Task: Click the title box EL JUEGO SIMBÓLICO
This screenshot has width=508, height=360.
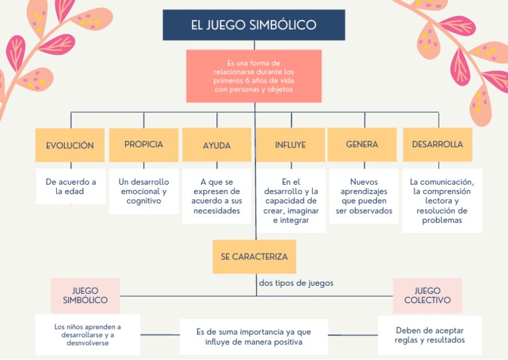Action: [x=254, y=25]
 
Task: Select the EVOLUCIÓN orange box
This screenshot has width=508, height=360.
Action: [x=69, y=145]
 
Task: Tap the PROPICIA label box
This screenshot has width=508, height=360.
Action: [x=144, y=144]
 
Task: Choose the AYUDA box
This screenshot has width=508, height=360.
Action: [x=216, y=145]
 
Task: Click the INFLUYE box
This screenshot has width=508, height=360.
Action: [x=290, y=145]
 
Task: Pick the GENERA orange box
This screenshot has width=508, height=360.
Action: [x=362, y=144]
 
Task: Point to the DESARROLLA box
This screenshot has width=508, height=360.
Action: [x=437, y=144]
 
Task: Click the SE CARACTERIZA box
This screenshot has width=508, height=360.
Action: [x=254, y=257]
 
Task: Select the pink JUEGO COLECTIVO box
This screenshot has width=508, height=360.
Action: [x=427, y=295]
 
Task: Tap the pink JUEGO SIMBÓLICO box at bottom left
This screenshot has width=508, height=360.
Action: [x=85, y=295]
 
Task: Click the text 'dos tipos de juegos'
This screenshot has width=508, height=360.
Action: [x=296, y=283]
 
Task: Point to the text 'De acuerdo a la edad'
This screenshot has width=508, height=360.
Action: [x=71, y=187]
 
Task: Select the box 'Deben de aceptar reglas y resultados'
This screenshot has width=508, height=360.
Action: [x=430, y=335]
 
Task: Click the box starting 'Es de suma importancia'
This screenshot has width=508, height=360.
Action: [x=253, y=337]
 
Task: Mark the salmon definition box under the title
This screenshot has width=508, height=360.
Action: [x=254, y=76]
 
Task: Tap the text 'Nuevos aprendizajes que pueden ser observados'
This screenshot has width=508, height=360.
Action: [x=363, y=197]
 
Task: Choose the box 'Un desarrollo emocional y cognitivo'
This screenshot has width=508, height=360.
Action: [x=144, y=191]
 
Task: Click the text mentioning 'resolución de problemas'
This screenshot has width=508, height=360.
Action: [x=442, y=201]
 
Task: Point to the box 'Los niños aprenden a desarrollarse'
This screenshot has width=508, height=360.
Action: [x=88, y=335]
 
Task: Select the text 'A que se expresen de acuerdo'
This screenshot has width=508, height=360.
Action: [x=217, y=197]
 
